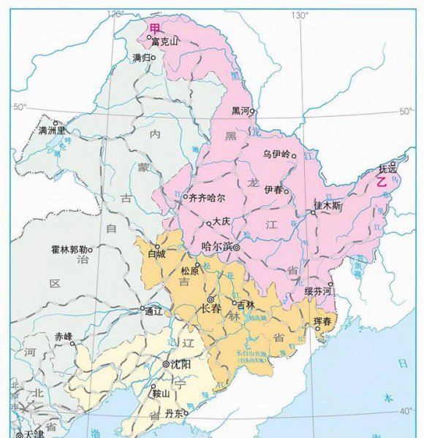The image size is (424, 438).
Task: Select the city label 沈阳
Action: (179, 364)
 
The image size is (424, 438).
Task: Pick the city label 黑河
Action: (241, 111)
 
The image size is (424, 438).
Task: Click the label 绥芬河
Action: (319, 291)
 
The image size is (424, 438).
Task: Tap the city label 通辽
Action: (153, 310)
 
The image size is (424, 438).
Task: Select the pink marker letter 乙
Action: (381, 183)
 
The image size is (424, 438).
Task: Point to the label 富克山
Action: (164, 42)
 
